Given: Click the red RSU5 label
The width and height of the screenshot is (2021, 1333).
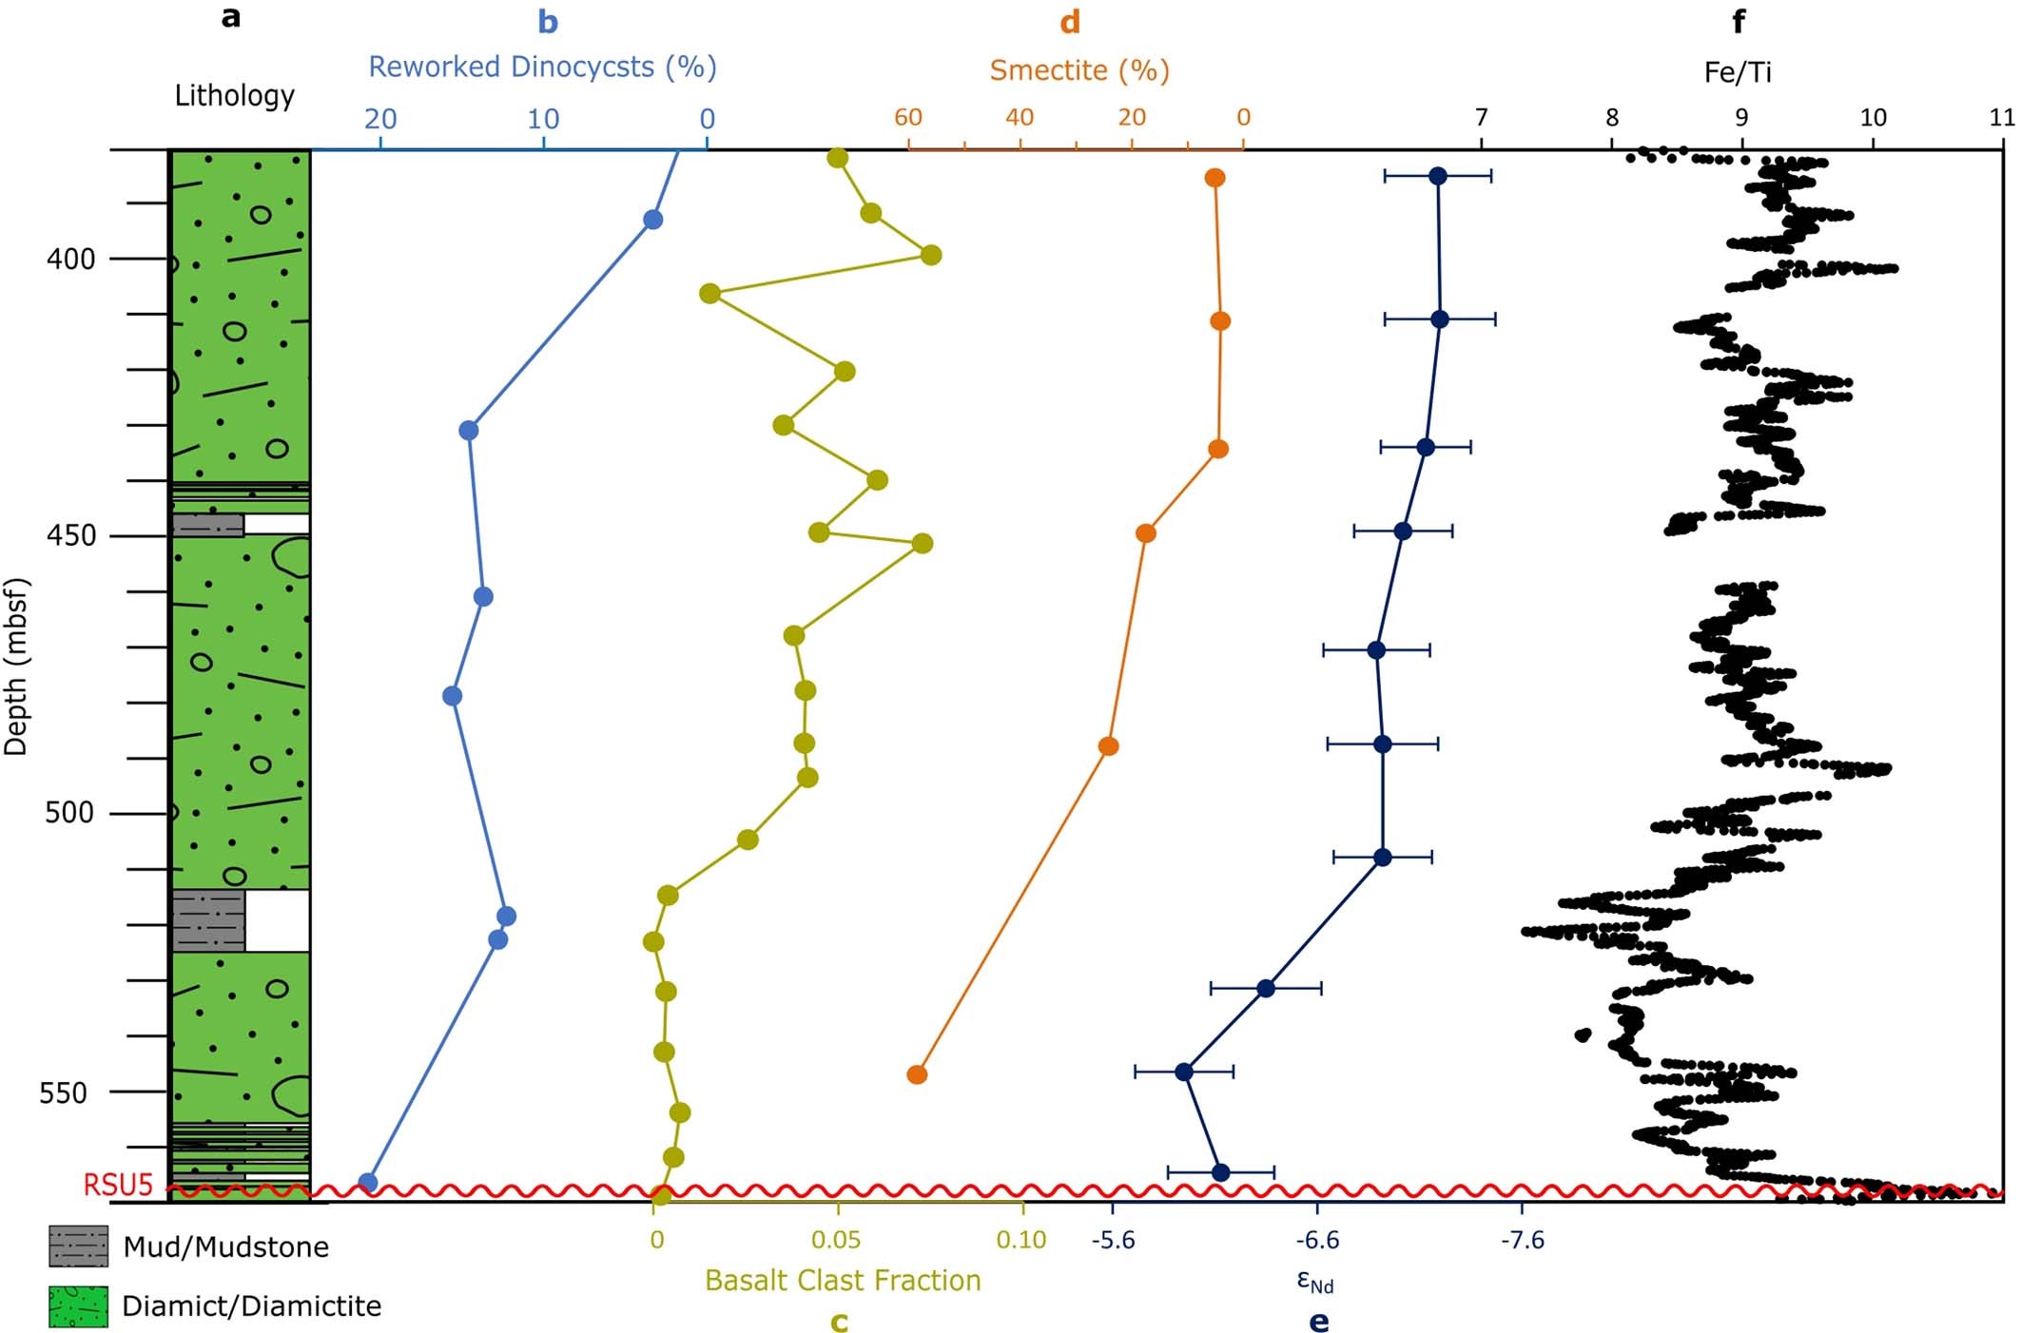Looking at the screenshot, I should pos(118,1185).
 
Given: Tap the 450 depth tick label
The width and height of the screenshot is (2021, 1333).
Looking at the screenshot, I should pos(70,535).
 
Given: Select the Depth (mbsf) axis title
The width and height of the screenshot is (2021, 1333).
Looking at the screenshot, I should pos(16,666).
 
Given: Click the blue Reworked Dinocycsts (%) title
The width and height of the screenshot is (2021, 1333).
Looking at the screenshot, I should pos(542,67).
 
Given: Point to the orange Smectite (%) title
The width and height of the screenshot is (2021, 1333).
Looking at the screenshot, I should pos(1079,70).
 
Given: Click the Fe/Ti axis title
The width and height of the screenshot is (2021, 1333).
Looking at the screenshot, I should pos(1738,72).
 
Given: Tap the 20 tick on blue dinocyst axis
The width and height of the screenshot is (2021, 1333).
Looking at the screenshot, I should pos(380,119).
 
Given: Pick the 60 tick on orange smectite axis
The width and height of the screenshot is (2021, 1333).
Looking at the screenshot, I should pos(907,117).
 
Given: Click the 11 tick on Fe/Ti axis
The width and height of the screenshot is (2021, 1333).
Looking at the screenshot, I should pos(2001,117).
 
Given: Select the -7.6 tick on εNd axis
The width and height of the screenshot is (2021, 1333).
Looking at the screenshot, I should pos(1522,1240).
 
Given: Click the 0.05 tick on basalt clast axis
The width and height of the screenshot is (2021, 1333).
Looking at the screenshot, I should pos(836,1240).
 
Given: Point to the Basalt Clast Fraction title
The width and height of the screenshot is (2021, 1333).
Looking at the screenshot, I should pos(843,1281).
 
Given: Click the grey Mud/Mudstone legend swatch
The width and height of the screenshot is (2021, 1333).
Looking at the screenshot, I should pos(78,1246).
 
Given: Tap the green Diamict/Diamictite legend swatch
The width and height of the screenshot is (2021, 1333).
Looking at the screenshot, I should pos(78,1306).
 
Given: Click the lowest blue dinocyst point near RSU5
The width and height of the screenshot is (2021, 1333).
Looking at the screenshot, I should pos(368,1183).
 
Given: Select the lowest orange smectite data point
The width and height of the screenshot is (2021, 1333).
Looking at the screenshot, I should pos(917,1074).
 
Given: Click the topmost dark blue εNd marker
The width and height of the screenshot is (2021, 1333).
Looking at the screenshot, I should pos(1438,176).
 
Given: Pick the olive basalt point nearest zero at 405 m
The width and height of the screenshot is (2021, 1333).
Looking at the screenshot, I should pos(709,293).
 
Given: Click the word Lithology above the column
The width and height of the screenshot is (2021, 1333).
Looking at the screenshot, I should pos(234,95).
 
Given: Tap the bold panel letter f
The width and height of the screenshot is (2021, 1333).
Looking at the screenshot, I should pos(1739,21).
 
